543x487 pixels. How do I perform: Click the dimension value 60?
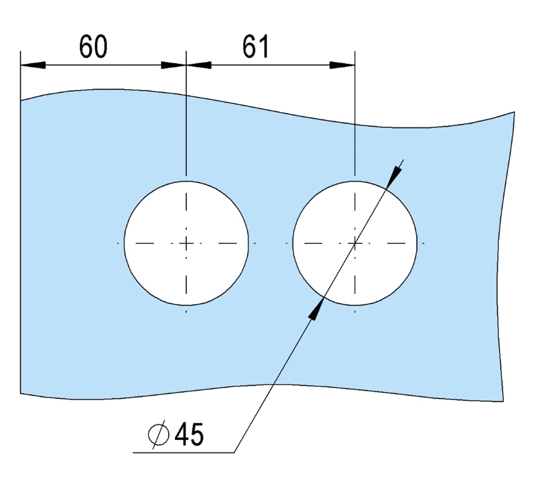pyautogui.click(x=93, y=46)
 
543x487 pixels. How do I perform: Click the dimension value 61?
pyautogui.click(x=256, y=46)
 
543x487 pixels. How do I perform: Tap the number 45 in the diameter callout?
pyautogui.click(x=189, y=434)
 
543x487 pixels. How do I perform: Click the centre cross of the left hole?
pyautogui.click(x=186, y=244)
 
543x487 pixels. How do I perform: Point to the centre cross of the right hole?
pyautogui.click(x=355, y=244)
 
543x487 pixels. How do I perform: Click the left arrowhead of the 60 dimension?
pyautogui.click(x=33, y=65)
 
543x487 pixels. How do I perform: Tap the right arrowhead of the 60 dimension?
pyautogui.click(x=174, y=65)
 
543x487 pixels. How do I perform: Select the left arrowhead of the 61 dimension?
pyautogui.click(x=199, y=65)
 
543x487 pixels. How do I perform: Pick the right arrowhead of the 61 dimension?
pyautogui.click(x=342, y=65)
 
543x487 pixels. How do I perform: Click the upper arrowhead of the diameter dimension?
pyautogui.click(x=394, y=177)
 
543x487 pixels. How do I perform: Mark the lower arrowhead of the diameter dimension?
pyautogui.click(x=316, y=309)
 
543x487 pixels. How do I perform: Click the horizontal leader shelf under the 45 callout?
pyautogui.click(x=184, y=452)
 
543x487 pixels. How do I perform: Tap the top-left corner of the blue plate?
pyautogui.click(x=20, y=100)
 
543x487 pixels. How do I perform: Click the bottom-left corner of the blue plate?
pyautogui.click(x=20, y=393)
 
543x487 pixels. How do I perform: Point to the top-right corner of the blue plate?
pyautogui.click(x=514, y=112)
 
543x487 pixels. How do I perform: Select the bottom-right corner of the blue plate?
pyautogui.click(x=503, y=401)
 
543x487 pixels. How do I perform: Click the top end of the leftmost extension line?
pyautogui.click(x=20, y=51)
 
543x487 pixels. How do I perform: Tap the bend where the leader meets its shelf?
pyautogui.click(x=235, y=452)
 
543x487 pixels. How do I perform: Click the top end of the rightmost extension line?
pyautogui.click(x=355, y=51)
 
